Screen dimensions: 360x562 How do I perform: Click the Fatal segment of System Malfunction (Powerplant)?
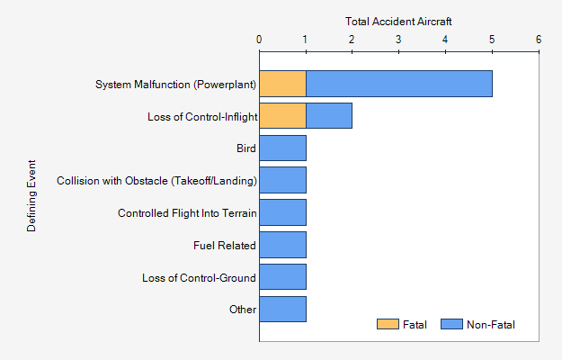tap(282, 84)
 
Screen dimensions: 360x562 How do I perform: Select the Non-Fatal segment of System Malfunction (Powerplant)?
tap(398, 84)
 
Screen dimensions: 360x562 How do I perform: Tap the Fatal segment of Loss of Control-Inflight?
tap(282, 116)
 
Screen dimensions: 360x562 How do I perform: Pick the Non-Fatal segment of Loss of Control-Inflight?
tap(328, 116)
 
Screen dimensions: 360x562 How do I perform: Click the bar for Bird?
tap(282, 148)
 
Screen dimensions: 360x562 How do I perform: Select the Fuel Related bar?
tap(282, 245)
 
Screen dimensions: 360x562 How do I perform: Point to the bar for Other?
tap(282, 309)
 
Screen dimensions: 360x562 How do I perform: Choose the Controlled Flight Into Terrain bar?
tap(282, 212)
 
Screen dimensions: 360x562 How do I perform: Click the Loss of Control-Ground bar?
tap(282, 277)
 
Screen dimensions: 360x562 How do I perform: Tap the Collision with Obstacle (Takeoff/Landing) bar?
tap(282, 180)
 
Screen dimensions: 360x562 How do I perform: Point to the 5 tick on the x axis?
tap(491, 40)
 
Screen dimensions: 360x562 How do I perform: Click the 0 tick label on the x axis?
tap(259, 40)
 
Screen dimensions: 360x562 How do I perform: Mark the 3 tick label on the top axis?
tap(398, 40)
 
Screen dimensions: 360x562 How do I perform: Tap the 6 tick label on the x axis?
tap(538, 40)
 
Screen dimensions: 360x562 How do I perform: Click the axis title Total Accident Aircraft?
tap(398, 20)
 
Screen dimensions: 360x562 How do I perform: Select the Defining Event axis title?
tap(31, 196)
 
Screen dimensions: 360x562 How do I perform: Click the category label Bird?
tap(245, 148)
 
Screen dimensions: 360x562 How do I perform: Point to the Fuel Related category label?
tap(225, 246)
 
